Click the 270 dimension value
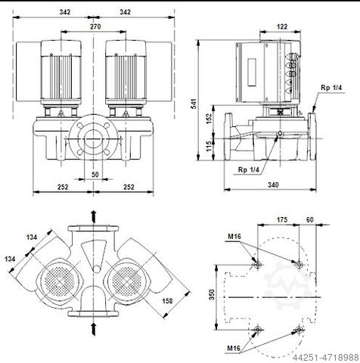[95, 26]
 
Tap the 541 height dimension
[194, 104]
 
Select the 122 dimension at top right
[282, 26]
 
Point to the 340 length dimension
[273, 185]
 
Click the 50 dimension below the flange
[95, 175]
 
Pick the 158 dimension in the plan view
[167, 301]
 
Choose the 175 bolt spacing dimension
[282, 220]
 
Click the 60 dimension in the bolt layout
[310, 220]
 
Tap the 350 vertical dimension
[212, 294]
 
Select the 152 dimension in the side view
[209, 119]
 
